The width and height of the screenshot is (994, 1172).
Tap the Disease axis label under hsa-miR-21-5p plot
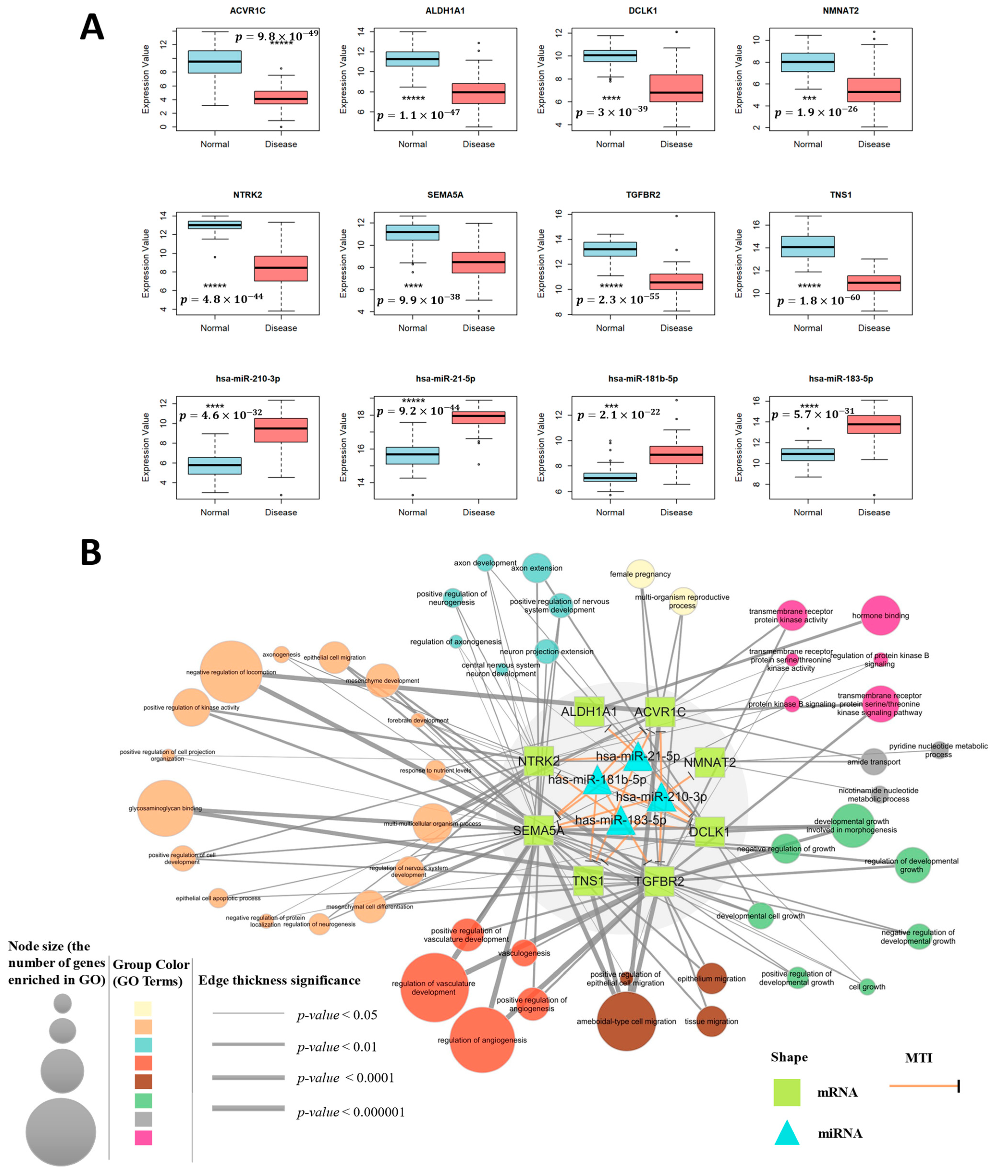pos(478,512)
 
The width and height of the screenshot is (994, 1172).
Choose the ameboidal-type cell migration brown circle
pos(626,1021)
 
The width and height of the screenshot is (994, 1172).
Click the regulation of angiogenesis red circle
pos(482,1039)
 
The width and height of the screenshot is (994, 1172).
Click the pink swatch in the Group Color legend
pos(143,1137)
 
